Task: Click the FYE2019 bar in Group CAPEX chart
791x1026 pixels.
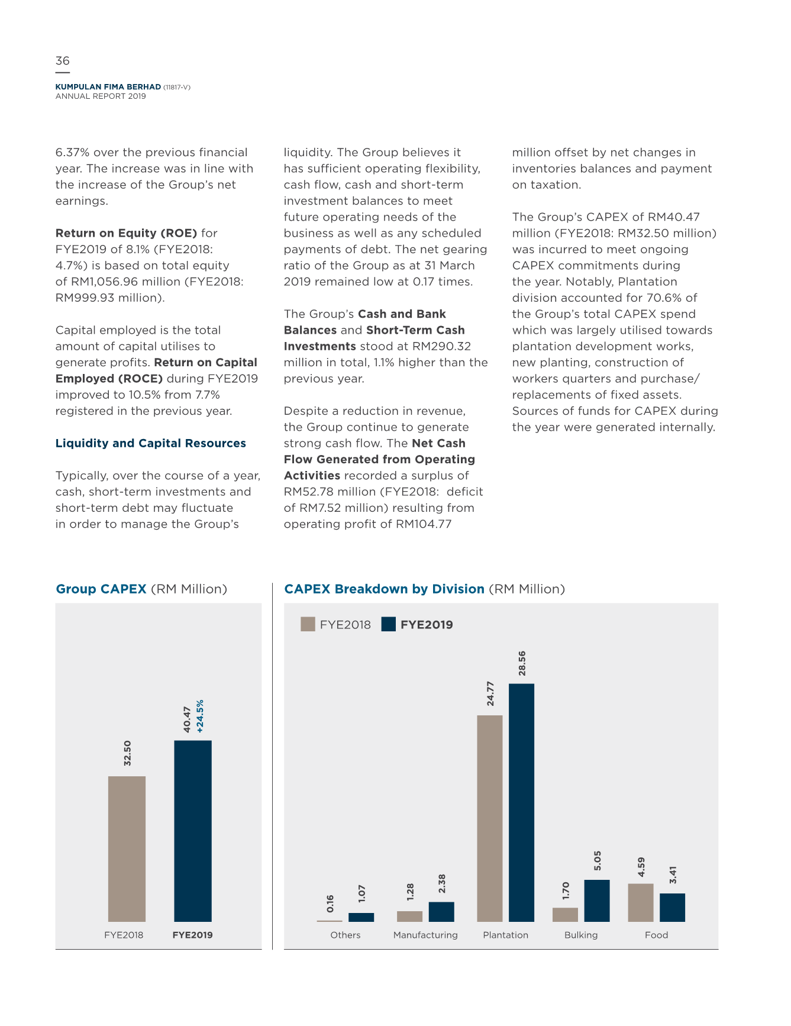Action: point(193,831)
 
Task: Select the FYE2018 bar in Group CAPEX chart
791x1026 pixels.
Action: point(127,849)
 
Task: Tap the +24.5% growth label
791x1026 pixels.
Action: point(200,716)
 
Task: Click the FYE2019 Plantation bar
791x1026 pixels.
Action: point(521,802)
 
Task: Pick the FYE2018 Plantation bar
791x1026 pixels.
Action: point(490,818)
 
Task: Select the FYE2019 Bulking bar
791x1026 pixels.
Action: point(597,901)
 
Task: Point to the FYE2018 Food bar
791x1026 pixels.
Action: point(641,902)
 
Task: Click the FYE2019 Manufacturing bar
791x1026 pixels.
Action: point(441,912)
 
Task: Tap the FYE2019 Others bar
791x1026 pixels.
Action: point(361,917)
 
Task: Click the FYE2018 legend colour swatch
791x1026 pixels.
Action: point(308,624)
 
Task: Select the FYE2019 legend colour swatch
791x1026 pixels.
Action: point(389,624)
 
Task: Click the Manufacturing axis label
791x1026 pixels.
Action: point(425,935)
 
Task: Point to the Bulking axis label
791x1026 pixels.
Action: point(581,935)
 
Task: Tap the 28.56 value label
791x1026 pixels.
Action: point(522,663)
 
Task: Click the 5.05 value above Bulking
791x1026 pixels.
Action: point(598,861)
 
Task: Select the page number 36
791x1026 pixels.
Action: point(63,61)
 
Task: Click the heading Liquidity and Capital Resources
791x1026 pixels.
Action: point(151,443)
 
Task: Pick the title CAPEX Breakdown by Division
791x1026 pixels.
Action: point(385,589)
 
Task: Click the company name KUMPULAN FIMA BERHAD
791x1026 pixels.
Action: point(108,87)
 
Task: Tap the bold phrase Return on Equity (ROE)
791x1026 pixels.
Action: point(127,233)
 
